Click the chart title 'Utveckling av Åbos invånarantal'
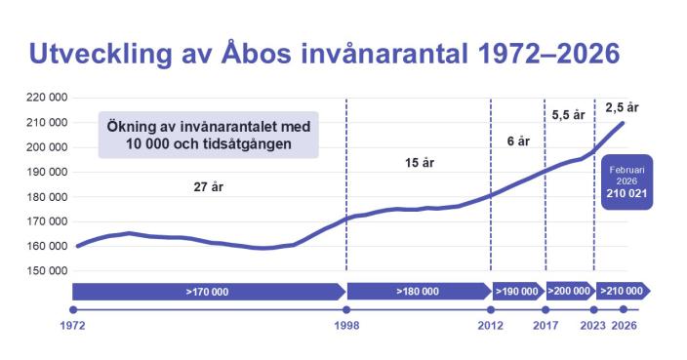tap(323, 54)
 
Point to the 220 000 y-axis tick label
tap(46, 98)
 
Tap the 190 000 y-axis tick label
tap(46, 172)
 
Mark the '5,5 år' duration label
tap(568, 115)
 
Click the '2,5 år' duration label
tap(622, 107)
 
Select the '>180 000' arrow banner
tap(419, 291)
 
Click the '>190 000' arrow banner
tap(517, 291)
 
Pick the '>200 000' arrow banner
tap(569, 291)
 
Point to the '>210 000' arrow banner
tap(622, 291)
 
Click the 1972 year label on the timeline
tap(73, 325)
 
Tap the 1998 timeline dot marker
tap(346, 309)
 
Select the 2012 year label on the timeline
tap(490, 325)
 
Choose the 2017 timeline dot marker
tap(545, 309)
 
